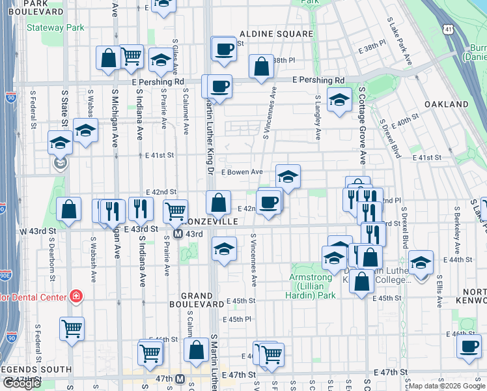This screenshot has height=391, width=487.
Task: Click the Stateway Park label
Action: coord(55,28)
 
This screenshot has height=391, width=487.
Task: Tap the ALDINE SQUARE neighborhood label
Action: coord(276,33)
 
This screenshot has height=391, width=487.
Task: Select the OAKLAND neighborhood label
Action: coord(447,104)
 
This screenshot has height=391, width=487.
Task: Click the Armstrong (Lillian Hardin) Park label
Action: coord(311,286)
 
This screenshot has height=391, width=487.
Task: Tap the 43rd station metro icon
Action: coord(178,234)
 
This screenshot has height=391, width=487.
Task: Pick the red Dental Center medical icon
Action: coord(76,297)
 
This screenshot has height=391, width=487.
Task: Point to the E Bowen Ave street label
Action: coord(242,172)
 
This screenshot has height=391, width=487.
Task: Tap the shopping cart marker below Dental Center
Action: coord(72,328)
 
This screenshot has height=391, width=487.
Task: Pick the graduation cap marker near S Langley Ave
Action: coord(339,100)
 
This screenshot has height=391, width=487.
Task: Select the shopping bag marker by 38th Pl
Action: coord(261,66)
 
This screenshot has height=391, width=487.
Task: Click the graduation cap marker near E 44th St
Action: coord(421,262)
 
